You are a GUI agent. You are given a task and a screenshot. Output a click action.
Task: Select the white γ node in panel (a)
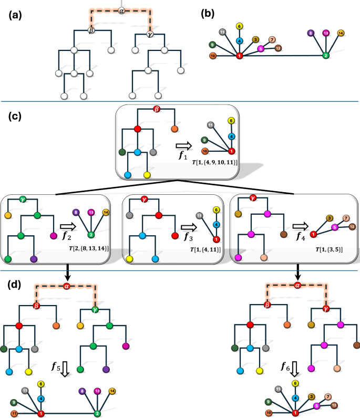click(151, 36)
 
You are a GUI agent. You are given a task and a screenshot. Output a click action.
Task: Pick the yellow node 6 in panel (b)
click(239, 26)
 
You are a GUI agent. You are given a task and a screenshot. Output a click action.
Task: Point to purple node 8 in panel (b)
click(311, 33)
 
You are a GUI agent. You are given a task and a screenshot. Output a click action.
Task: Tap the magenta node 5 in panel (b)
click(260, 49)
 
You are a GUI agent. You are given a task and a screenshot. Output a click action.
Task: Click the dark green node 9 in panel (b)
click(212, 45)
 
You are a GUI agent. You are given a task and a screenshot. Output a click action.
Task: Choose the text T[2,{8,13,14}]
click(89, 248)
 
